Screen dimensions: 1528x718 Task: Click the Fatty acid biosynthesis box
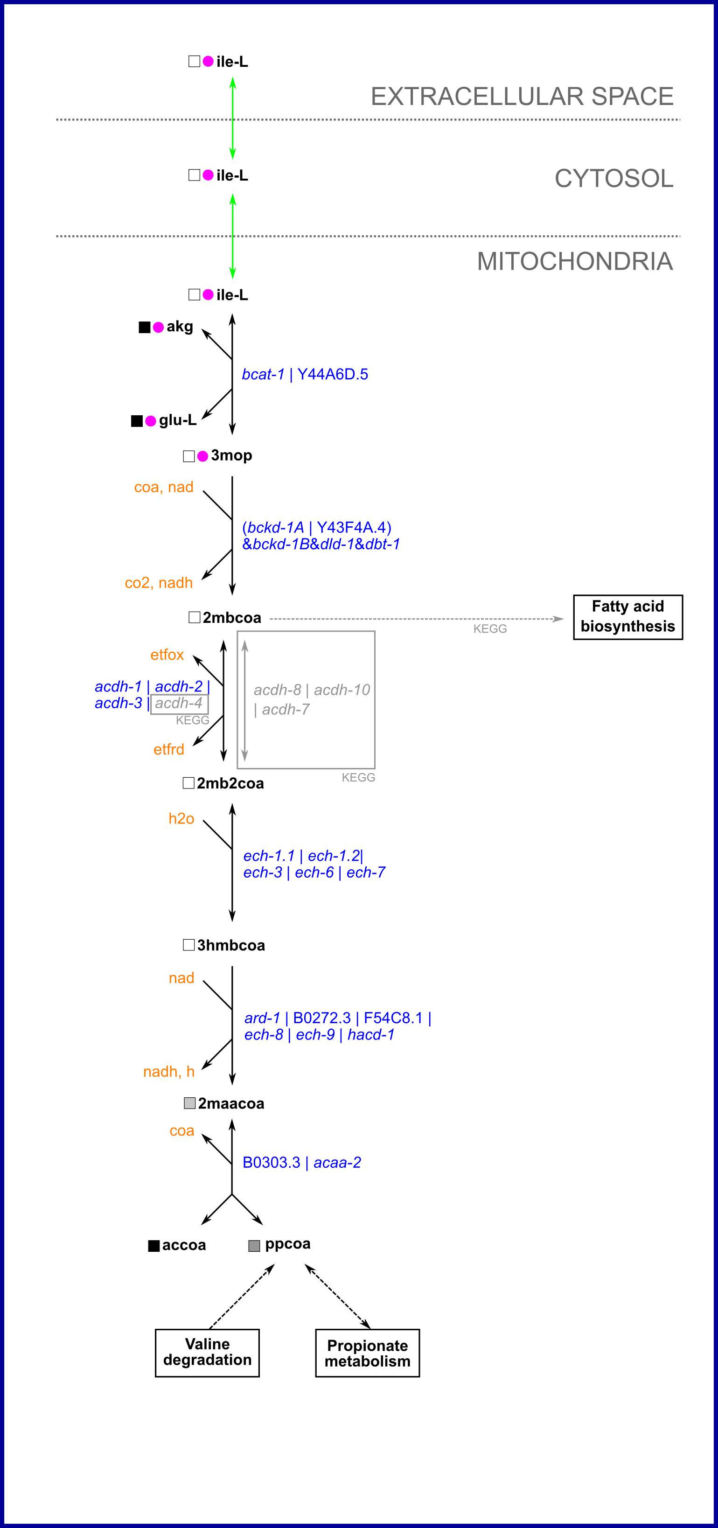point(627,617)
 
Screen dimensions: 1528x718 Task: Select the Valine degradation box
point(207,1353)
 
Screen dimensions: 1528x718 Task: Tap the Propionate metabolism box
point(367,1353)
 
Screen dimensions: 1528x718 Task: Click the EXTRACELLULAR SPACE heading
point(522,96)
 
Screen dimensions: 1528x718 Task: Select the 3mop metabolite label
point(231,455)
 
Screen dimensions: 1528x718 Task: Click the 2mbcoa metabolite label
point(231,618)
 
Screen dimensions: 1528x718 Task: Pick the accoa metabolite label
point(184,1246)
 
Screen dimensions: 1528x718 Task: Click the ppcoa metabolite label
point(287,1244)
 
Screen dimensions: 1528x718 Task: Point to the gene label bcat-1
point(263,374)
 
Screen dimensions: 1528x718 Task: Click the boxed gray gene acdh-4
point(179,704)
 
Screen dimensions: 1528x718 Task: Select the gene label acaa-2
point(337,1163)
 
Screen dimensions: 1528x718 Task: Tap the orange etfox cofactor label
point(167,655)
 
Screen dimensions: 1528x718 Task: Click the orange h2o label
point(181,818)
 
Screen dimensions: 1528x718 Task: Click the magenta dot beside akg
point(158,328)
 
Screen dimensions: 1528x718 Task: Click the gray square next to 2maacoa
point(190,1103)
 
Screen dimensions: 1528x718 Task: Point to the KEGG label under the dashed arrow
point(490,629)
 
